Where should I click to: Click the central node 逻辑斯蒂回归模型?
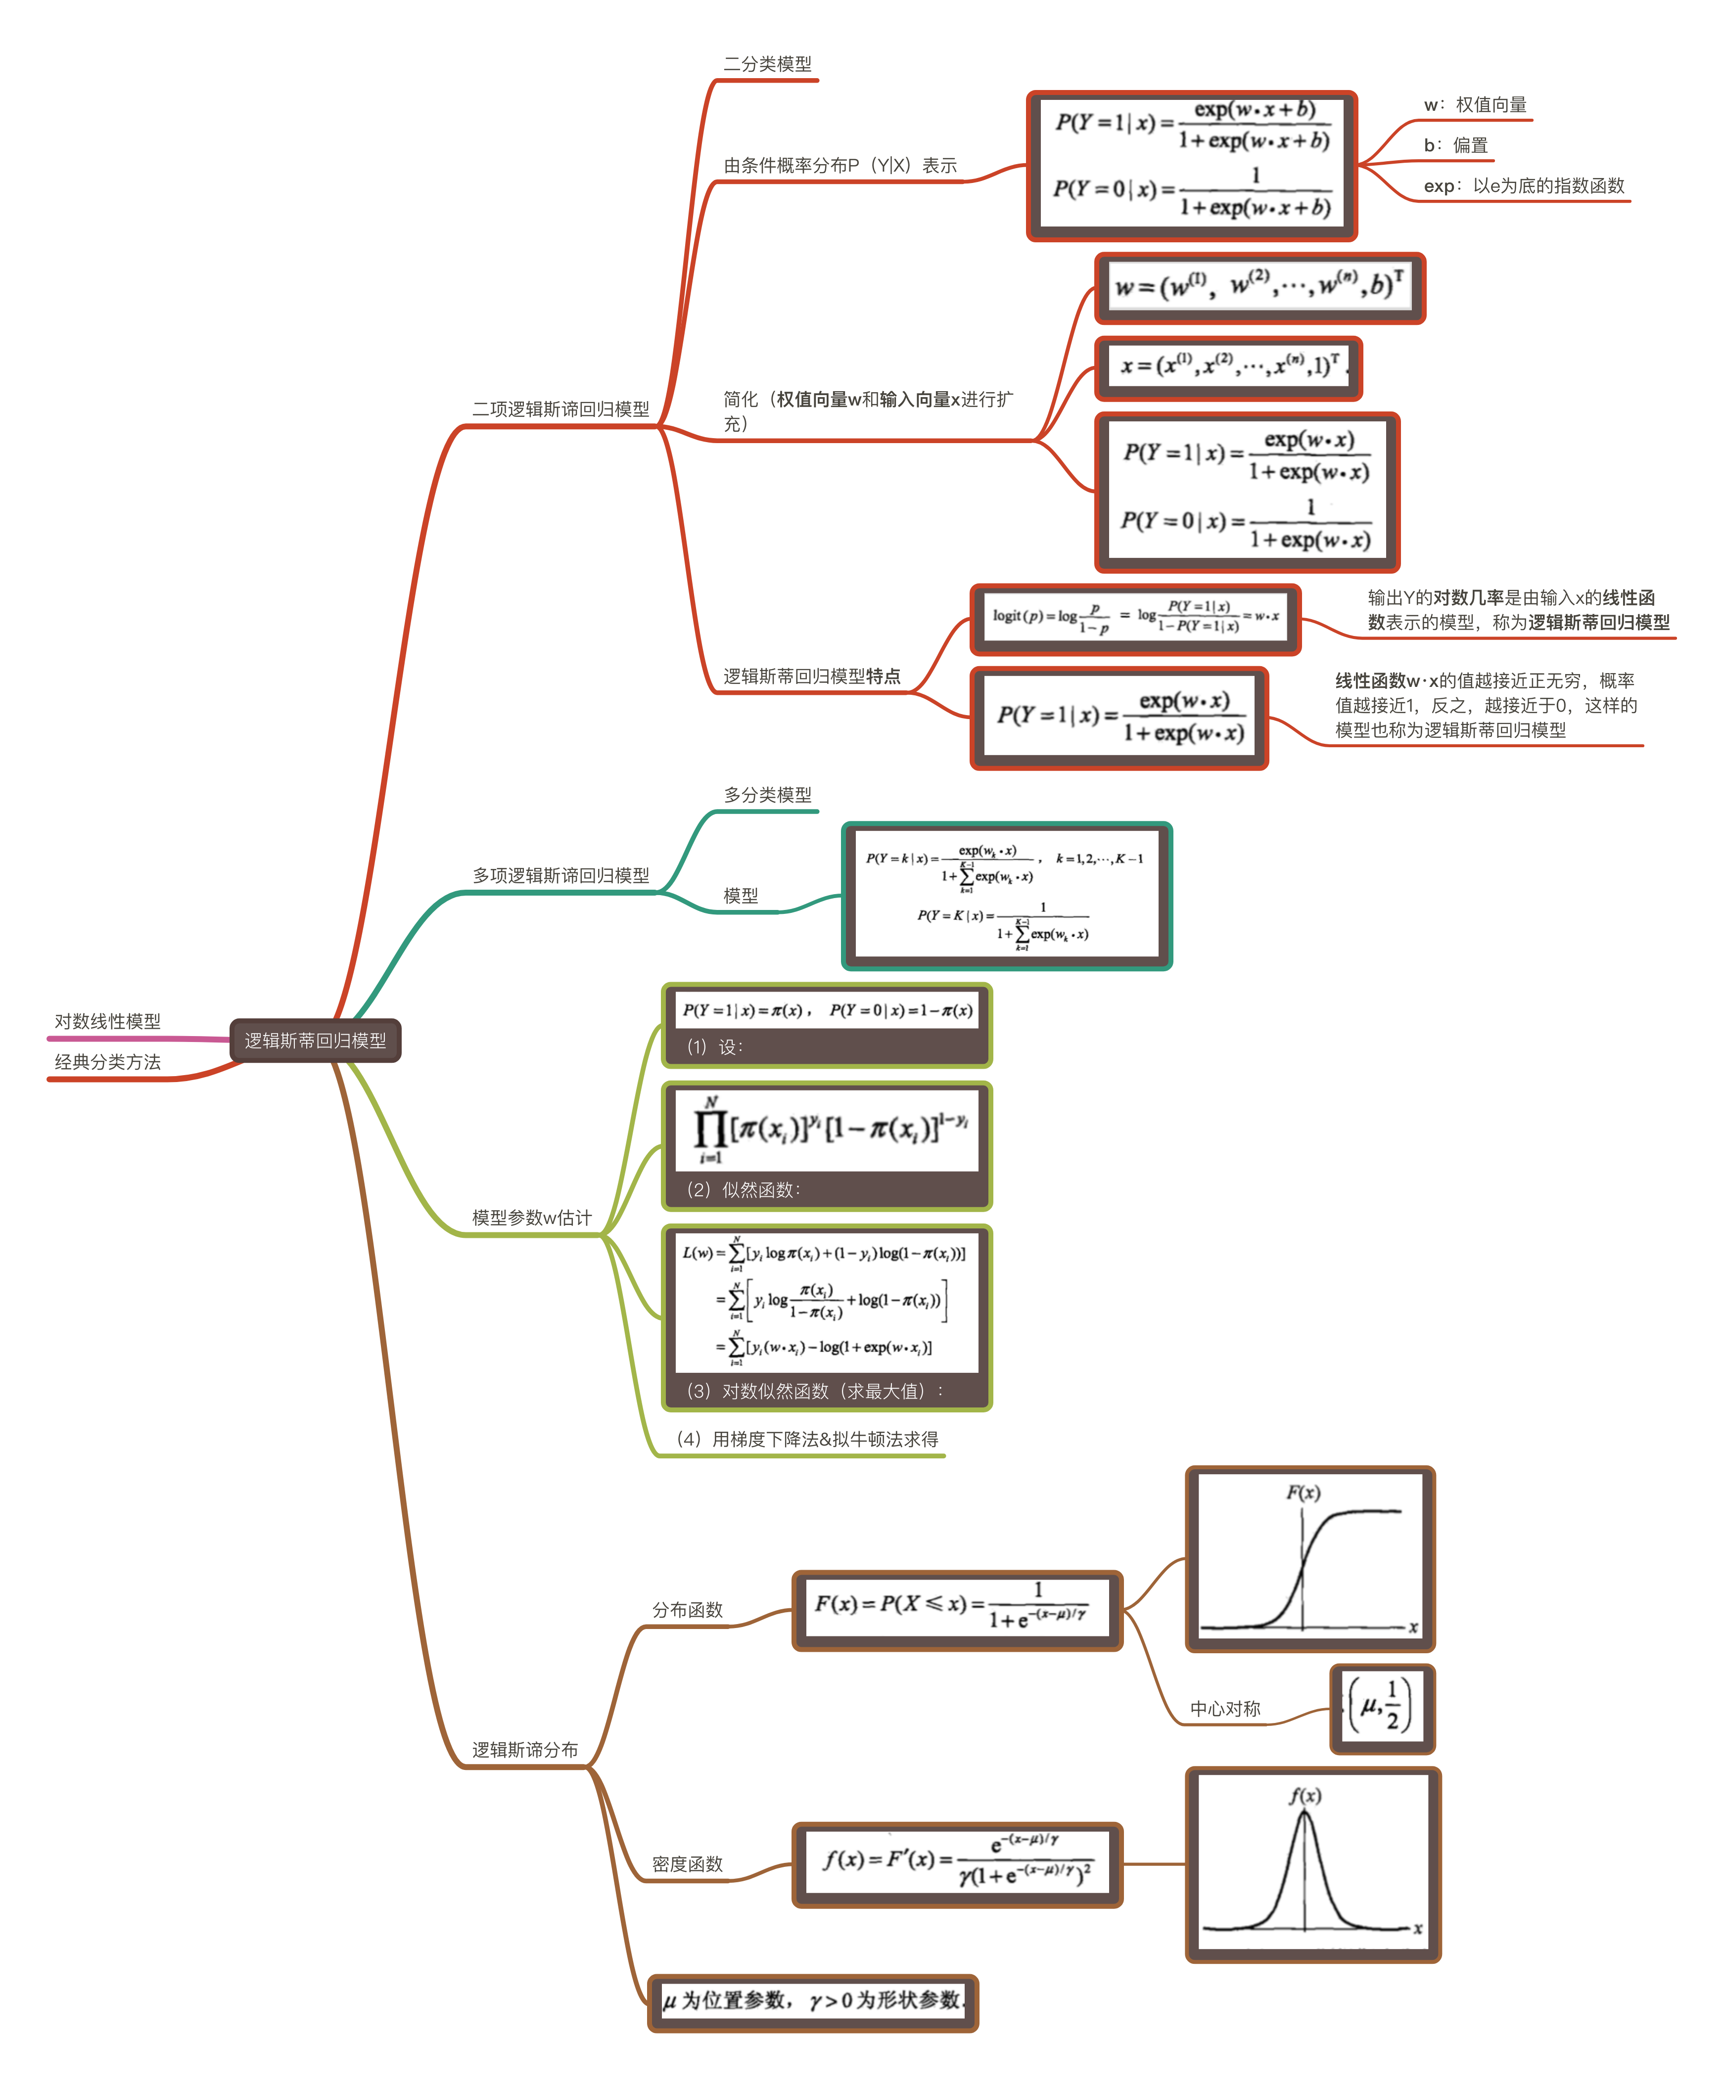(316, 1041)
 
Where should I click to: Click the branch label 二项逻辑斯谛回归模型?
(560, 408)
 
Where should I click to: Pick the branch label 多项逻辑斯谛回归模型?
(560, 875)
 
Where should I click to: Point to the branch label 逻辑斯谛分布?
(525, 1750)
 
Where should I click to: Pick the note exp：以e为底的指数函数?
(1524, 185)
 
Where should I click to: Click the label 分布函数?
(688, 1610)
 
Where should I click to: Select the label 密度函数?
(688, 1864)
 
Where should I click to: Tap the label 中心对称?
(1225, 1708)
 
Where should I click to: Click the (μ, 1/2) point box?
(1382, 1708)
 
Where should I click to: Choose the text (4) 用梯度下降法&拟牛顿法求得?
(806, 1438)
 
